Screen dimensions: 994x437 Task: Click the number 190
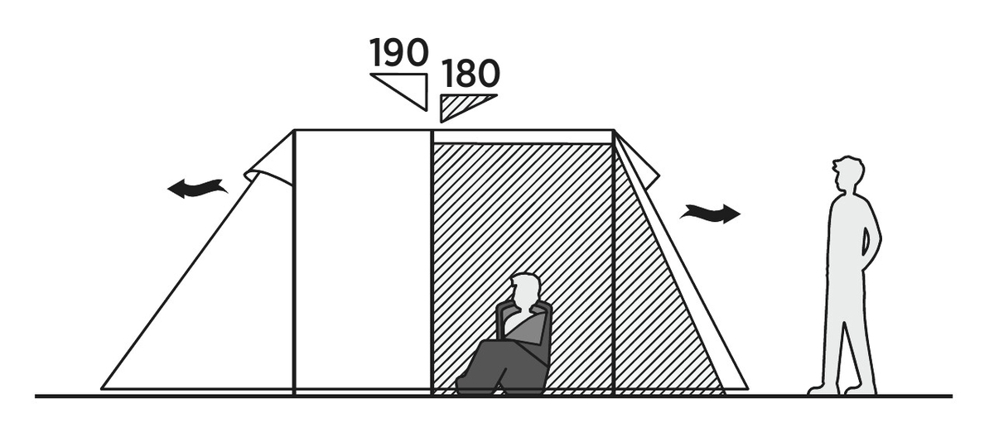[x=399, y=52]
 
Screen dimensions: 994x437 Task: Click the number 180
[x=470, y=74]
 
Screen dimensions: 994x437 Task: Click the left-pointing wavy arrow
[x=197, y=188]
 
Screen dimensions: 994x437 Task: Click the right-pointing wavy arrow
[x=710, y=214]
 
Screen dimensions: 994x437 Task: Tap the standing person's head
[x=848, y=173]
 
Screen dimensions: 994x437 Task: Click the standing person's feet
[x=842, y=390]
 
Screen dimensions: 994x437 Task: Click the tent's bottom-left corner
[x=102, y=389]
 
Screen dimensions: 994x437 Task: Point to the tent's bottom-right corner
[x=748, y=389]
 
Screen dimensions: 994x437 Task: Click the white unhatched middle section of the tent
[x=363, y=260]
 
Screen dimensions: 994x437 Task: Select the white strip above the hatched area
[x=523, y=137]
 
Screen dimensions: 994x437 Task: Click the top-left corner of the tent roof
[x=294, y=130]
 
